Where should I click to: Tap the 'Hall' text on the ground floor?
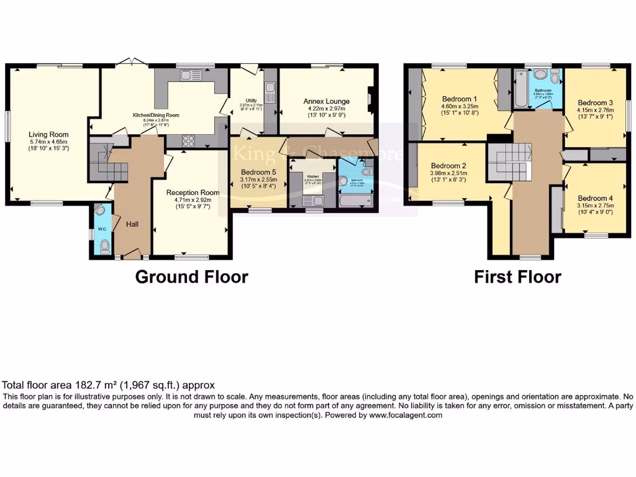(x=132, y=224)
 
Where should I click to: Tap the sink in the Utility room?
(x=270, y=95)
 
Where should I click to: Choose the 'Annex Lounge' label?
(x=326, y=101)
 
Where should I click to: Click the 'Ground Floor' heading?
(x=191, y=277)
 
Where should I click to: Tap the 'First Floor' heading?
(x=517, y=277)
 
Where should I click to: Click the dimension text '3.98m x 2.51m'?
(x=455, y=173)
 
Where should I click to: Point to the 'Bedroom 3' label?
(x=595, y=103)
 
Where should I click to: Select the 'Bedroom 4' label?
(x=595, y=199)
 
